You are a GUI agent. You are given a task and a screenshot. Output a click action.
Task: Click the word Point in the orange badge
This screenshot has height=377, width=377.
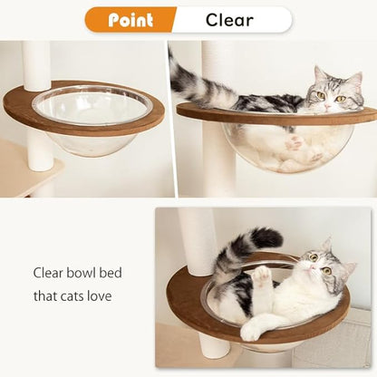130,20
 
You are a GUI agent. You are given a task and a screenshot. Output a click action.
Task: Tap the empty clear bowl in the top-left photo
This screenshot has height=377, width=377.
92,122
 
